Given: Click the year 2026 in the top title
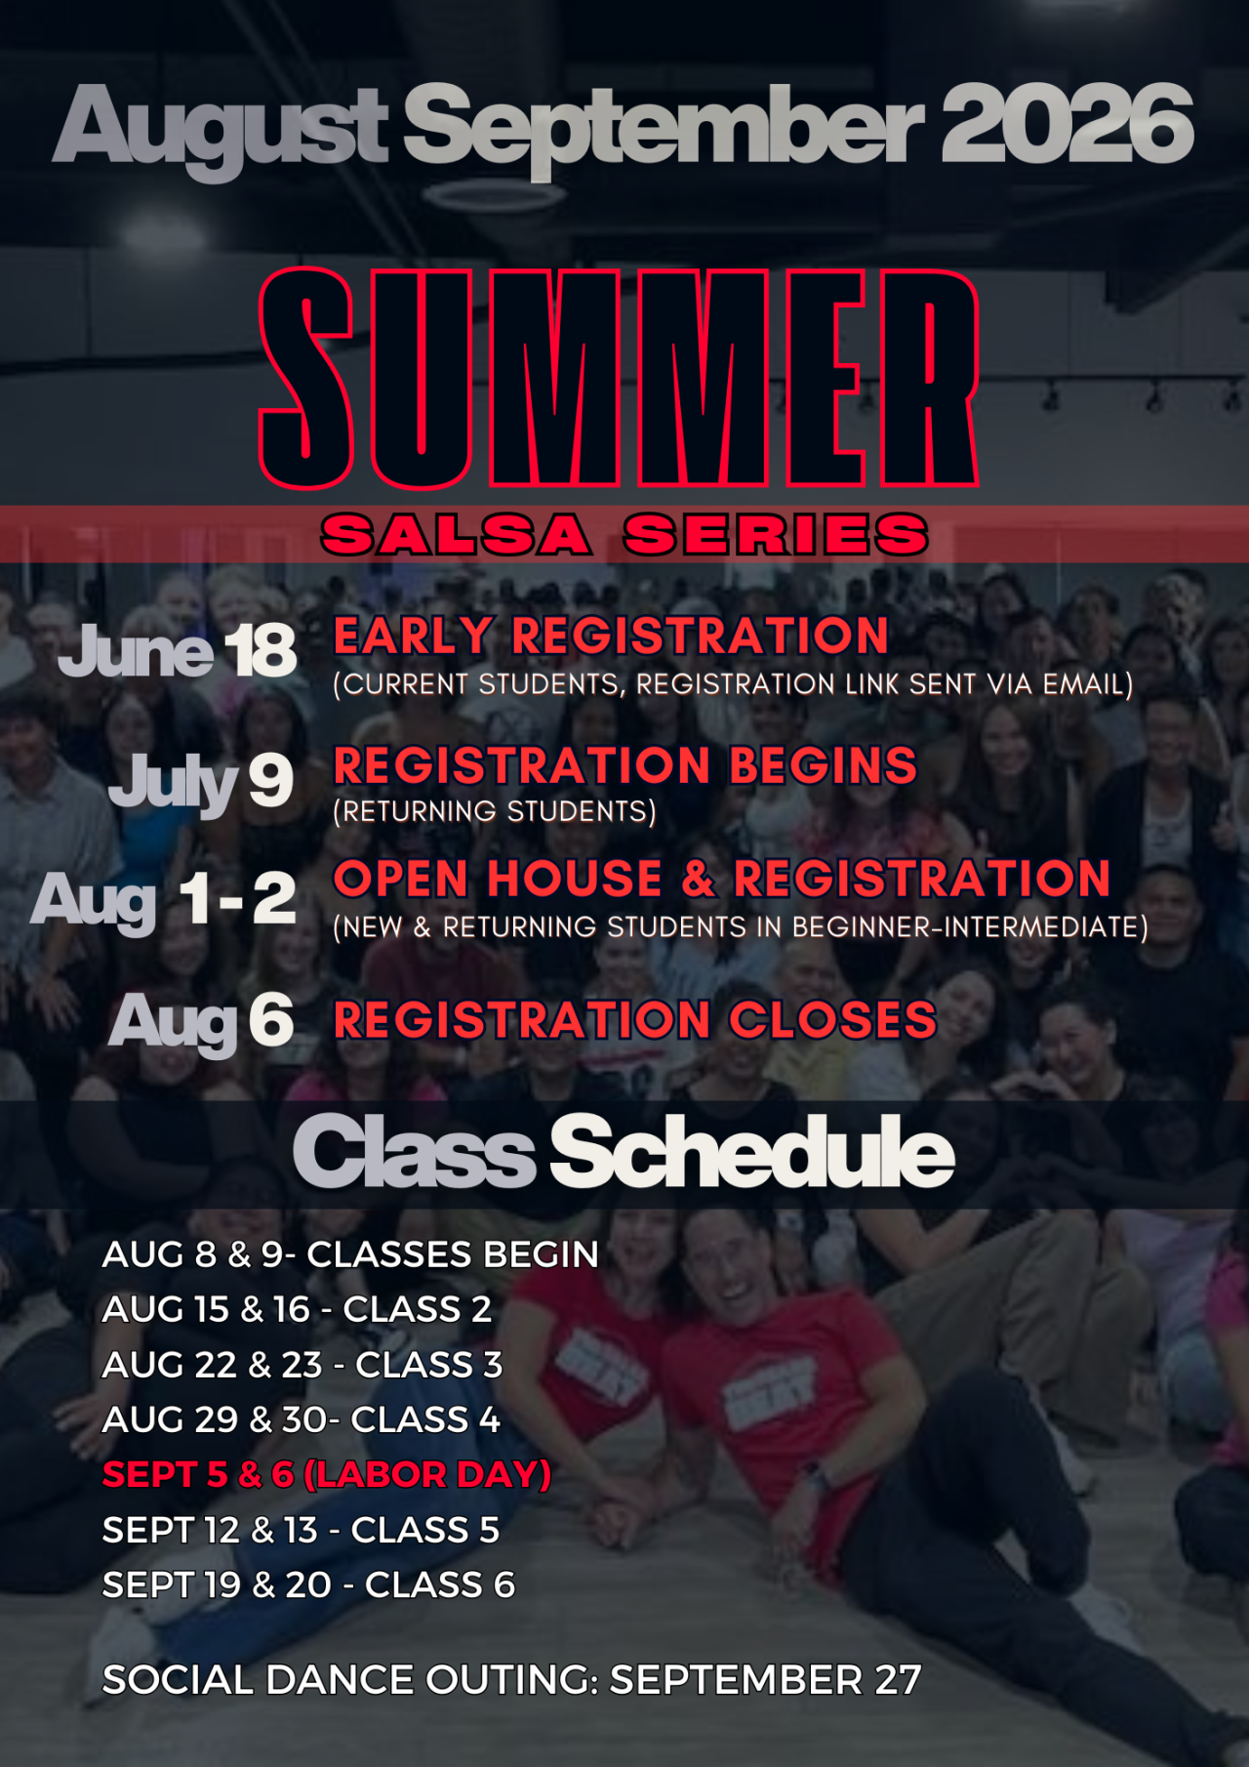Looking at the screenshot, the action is [1067, 123].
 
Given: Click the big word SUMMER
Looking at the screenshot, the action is [620, 379].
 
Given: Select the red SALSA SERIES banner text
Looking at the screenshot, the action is [624, 535].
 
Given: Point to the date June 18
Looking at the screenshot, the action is [178, 650].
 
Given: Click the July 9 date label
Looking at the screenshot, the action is [201, 782].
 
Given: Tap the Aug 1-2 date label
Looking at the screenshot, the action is [163, 899].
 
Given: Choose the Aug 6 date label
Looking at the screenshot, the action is [201, 1021].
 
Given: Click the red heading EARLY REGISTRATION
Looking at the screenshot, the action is [611, 636].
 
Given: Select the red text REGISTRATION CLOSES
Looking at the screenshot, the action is [635, 1020].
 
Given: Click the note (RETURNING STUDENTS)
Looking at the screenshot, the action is [495, 811].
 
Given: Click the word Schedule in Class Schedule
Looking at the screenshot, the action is [752, 1152].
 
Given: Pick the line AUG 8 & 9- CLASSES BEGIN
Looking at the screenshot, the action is [350, 1254].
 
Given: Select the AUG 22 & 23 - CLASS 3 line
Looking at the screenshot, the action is [302, 1365].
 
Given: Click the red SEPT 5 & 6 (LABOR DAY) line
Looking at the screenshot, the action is [327, 1474].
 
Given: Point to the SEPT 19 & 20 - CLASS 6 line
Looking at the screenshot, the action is [308, 1584].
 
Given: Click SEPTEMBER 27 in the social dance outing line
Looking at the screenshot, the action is [765, 1680].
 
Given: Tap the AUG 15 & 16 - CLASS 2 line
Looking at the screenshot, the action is [298, 1309].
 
